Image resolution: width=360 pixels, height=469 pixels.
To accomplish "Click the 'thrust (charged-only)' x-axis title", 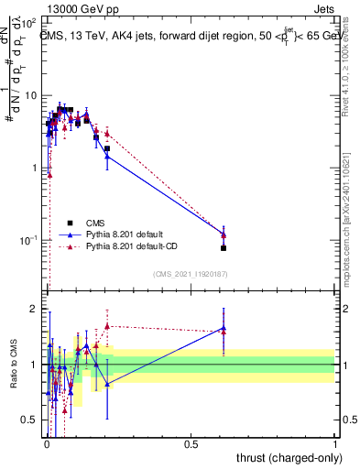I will click(284, 457).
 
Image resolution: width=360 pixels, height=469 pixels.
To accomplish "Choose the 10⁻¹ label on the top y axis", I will click(27, 240).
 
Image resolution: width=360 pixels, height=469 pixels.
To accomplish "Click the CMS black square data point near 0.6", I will click(224, 247).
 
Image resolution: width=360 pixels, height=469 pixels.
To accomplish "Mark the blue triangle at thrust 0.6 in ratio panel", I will click(224, 328).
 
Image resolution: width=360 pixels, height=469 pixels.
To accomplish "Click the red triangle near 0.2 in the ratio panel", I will click(107, 325).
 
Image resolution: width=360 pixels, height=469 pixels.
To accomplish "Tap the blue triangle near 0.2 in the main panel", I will click(107, 157).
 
